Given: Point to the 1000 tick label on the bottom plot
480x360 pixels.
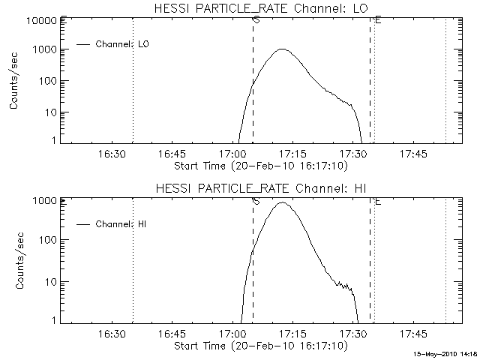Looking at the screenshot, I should (x=43, y=201).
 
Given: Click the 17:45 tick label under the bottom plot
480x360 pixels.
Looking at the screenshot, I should (x=413, y=332).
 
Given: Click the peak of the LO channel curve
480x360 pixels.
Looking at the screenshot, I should (x=282, y=49).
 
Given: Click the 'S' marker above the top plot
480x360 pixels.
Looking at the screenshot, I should (x=256, y=19).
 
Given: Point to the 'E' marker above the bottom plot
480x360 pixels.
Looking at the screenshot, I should (x=377, y=201).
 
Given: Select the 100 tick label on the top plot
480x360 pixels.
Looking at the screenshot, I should (x=46, y=81).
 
